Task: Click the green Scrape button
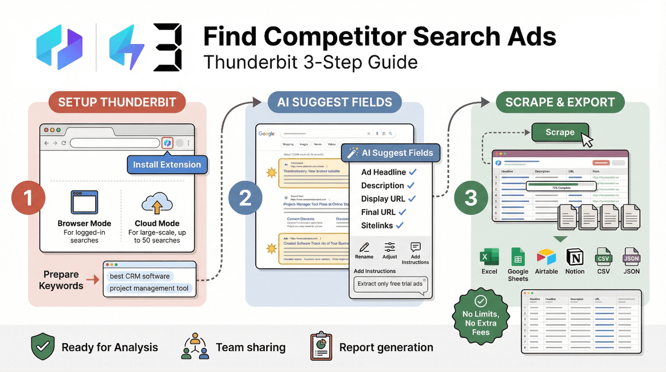click(x=560, y=133)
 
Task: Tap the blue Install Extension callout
click(x=167, y=165)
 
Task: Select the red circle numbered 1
click(x=28, y=198)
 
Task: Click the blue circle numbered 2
click(x=246, y=198)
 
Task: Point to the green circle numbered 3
click(x=470, y=198)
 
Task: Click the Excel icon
click(x=489, y=257)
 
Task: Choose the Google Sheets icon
click(x=518, y=257)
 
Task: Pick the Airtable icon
click(x=546, y=257)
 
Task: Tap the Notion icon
click(x=575, y=257)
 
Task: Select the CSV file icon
click(x=603, y=257)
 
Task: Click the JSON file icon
click(x=631, y=257)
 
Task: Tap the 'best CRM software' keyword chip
click(x=140, y=276)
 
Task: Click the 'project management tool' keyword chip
click(x=149, y=288)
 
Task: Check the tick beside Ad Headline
click(x=413, y=172)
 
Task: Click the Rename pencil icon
click(x=364, y=247)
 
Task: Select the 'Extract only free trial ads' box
click(x=390, y=284)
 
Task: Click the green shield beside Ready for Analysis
click(x=43, y=347)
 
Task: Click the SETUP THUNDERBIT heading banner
click(x=117, y=102)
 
